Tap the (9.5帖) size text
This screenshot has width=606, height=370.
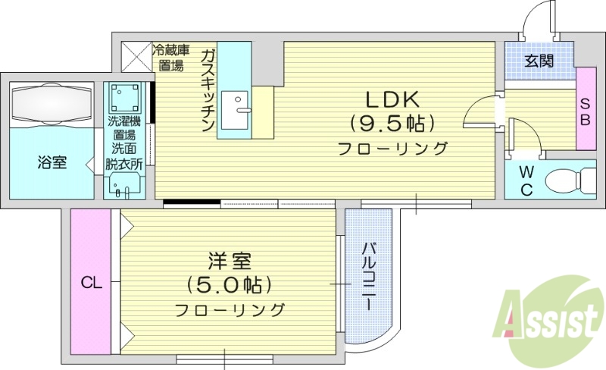[392, 123]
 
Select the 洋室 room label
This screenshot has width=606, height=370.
[230, 262]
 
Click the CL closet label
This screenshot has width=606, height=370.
[92, 284]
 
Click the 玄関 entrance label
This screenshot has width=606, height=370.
[539, 60]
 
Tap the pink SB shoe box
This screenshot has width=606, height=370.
[586, 108]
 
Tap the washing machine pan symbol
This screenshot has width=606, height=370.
[125, 97]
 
